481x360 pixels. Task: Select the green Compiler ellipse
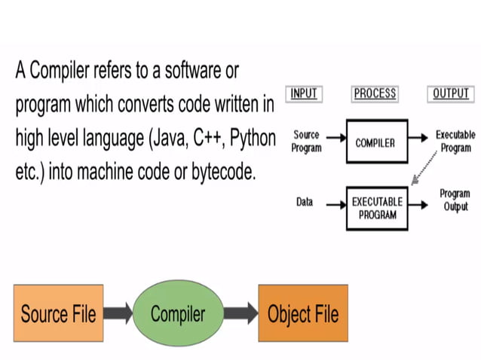pos(178,313)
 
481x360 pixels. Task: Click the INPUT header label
pos(304,94)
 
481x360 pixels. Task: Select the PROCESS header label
pos(374,94)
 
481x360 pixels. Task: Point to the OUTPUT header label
pos(450,94)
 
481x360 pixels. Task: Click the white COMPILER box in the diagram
pos(375,142)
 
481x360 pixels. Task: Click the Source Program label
pos(306,142)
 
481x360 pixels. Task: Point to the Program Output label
pos(455,200)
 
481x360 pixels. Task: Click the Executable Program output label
pos(455,142)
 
